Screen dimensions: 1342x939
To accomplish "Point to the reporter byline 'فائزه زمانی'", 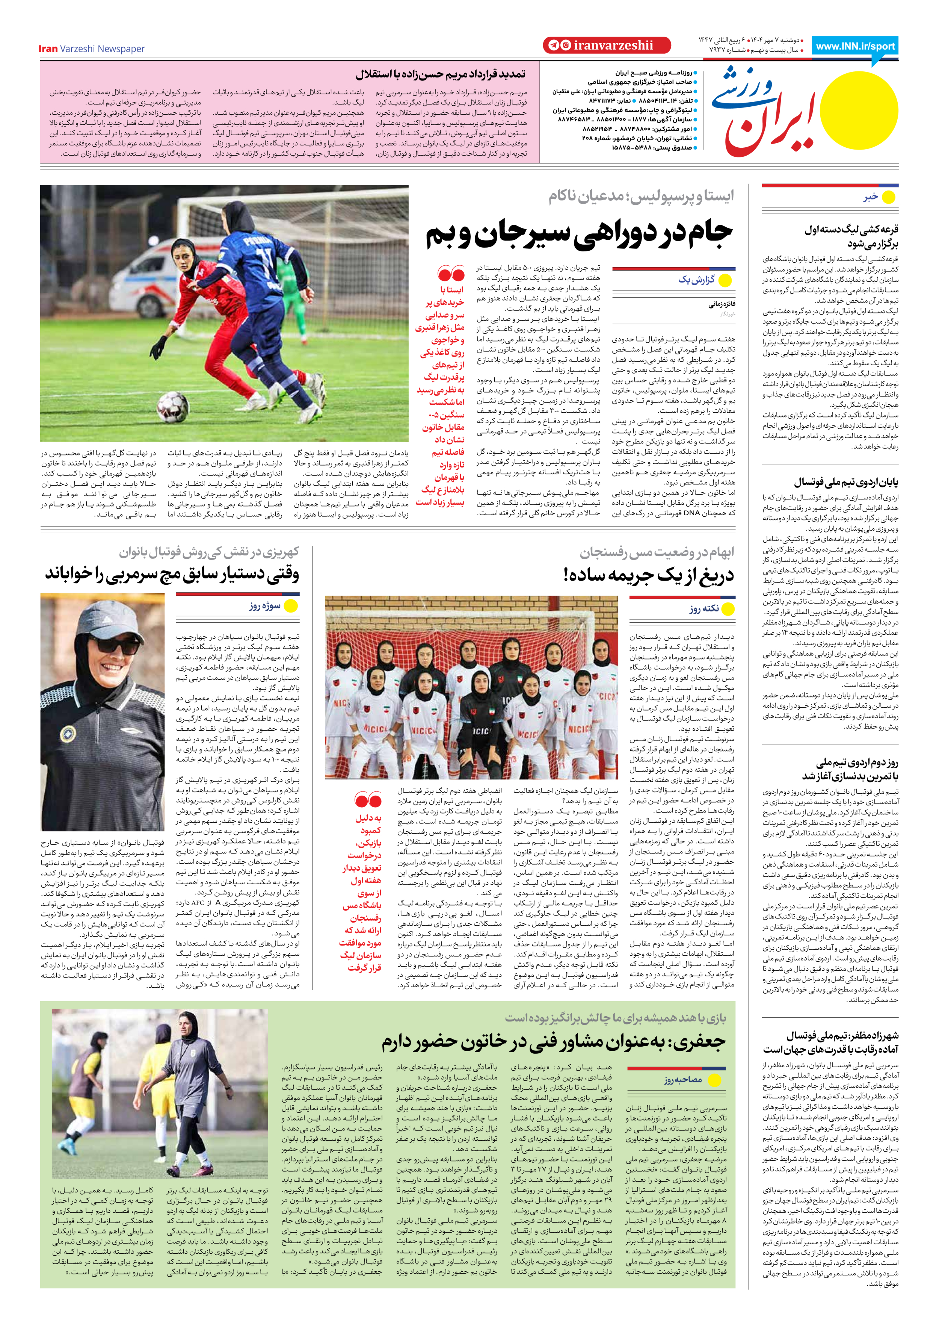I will pyautogui.click(x=722, y=304).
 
